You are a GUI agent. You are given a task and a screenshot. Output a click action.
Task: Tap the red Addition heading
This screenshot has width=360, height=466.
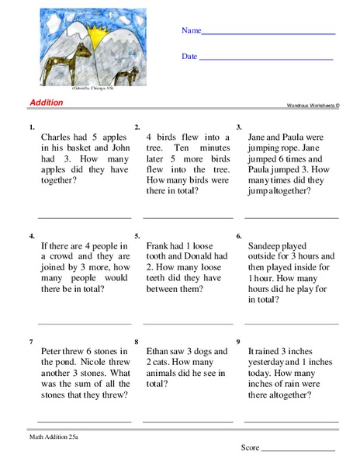click(x=47, y=103)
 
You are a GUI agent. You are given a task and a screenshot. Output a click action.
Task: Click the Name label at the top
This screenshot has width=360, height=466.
click(x=191, y=31)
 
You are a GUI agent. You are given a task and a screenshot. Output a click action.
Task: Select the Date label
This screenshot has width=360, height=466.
click(x=189, y=57)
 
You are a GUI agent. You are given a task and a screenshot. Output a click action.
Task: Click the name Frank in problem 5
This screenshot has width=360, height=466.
click(x=159, y=245)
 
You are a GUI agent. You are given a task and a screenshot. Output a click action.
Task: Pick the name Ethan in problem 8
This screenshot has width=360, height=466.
click(x=160, y=350)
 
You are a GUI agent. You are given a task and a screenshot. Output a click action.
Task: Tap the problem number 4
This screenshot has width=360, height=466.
click(x=30, y=235)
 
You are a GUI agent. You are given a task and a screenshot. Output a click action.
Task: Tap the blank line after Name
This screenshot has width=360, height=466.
click(x=268, y=34)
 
